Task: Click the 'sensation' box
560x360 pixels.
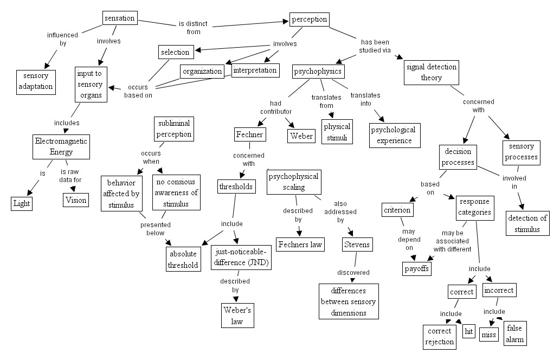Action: pos(120,18)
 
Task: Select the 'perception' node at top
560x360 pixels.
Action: pos(310,20)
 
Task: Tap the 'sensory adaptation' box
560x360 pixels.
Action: pos(36,82)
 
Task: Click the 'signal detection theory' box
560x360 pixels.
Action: pos(432,73)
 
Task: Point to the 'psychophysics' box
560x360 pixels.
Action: pos(318,72)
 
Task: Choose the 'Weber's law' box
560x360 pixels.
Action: pos(237,316)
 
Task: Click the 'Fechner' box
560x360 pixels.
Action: pos(250,134)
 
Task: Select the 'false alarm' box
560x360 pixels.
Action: pos(514,333)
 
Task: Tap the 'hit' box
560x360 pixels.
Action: pos(469,331)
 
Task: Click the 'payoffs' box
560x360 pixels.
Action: pos(417,268)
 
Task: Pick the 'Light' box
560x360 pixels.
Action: pos(22,203)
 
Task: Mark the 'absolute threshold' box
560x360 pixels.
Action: pos(183,259)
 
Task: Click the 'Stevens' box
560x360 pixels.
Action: pos(357,245)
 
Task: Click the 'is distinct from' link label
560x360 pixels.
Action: pos(193,28)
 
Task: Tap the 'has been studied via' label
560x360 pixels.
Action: pos(375,46)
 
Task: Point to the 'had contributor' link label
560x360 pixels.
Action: pos(276,107)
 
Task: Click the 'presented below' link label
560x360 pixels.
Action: pos(156,229)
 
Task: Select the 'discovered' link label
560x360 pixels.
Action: pos(353,273)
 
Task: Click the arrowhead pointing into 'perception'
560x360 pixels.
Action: pos(286,21)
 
